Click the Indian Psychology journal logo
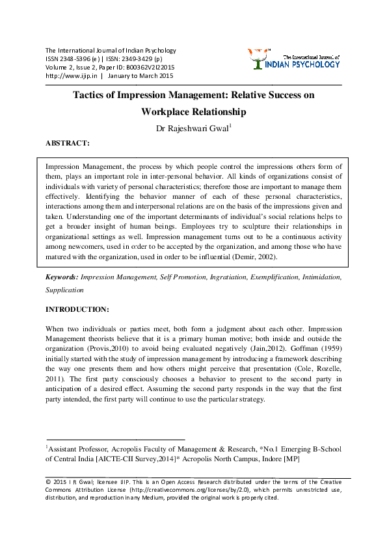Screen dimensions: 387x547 [x=294, y=58]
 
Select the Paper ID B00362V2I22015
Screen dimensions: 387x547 [x=152, y=67]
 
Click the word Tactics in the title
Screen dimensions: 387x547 [x=90, y=95]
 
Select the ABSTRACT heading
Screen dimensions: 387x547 [x=68, y=142]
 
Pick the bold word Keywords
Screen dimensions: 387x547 [x=60, y=277]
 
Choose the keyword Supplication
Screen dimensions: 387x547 [x=64, y=290]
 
